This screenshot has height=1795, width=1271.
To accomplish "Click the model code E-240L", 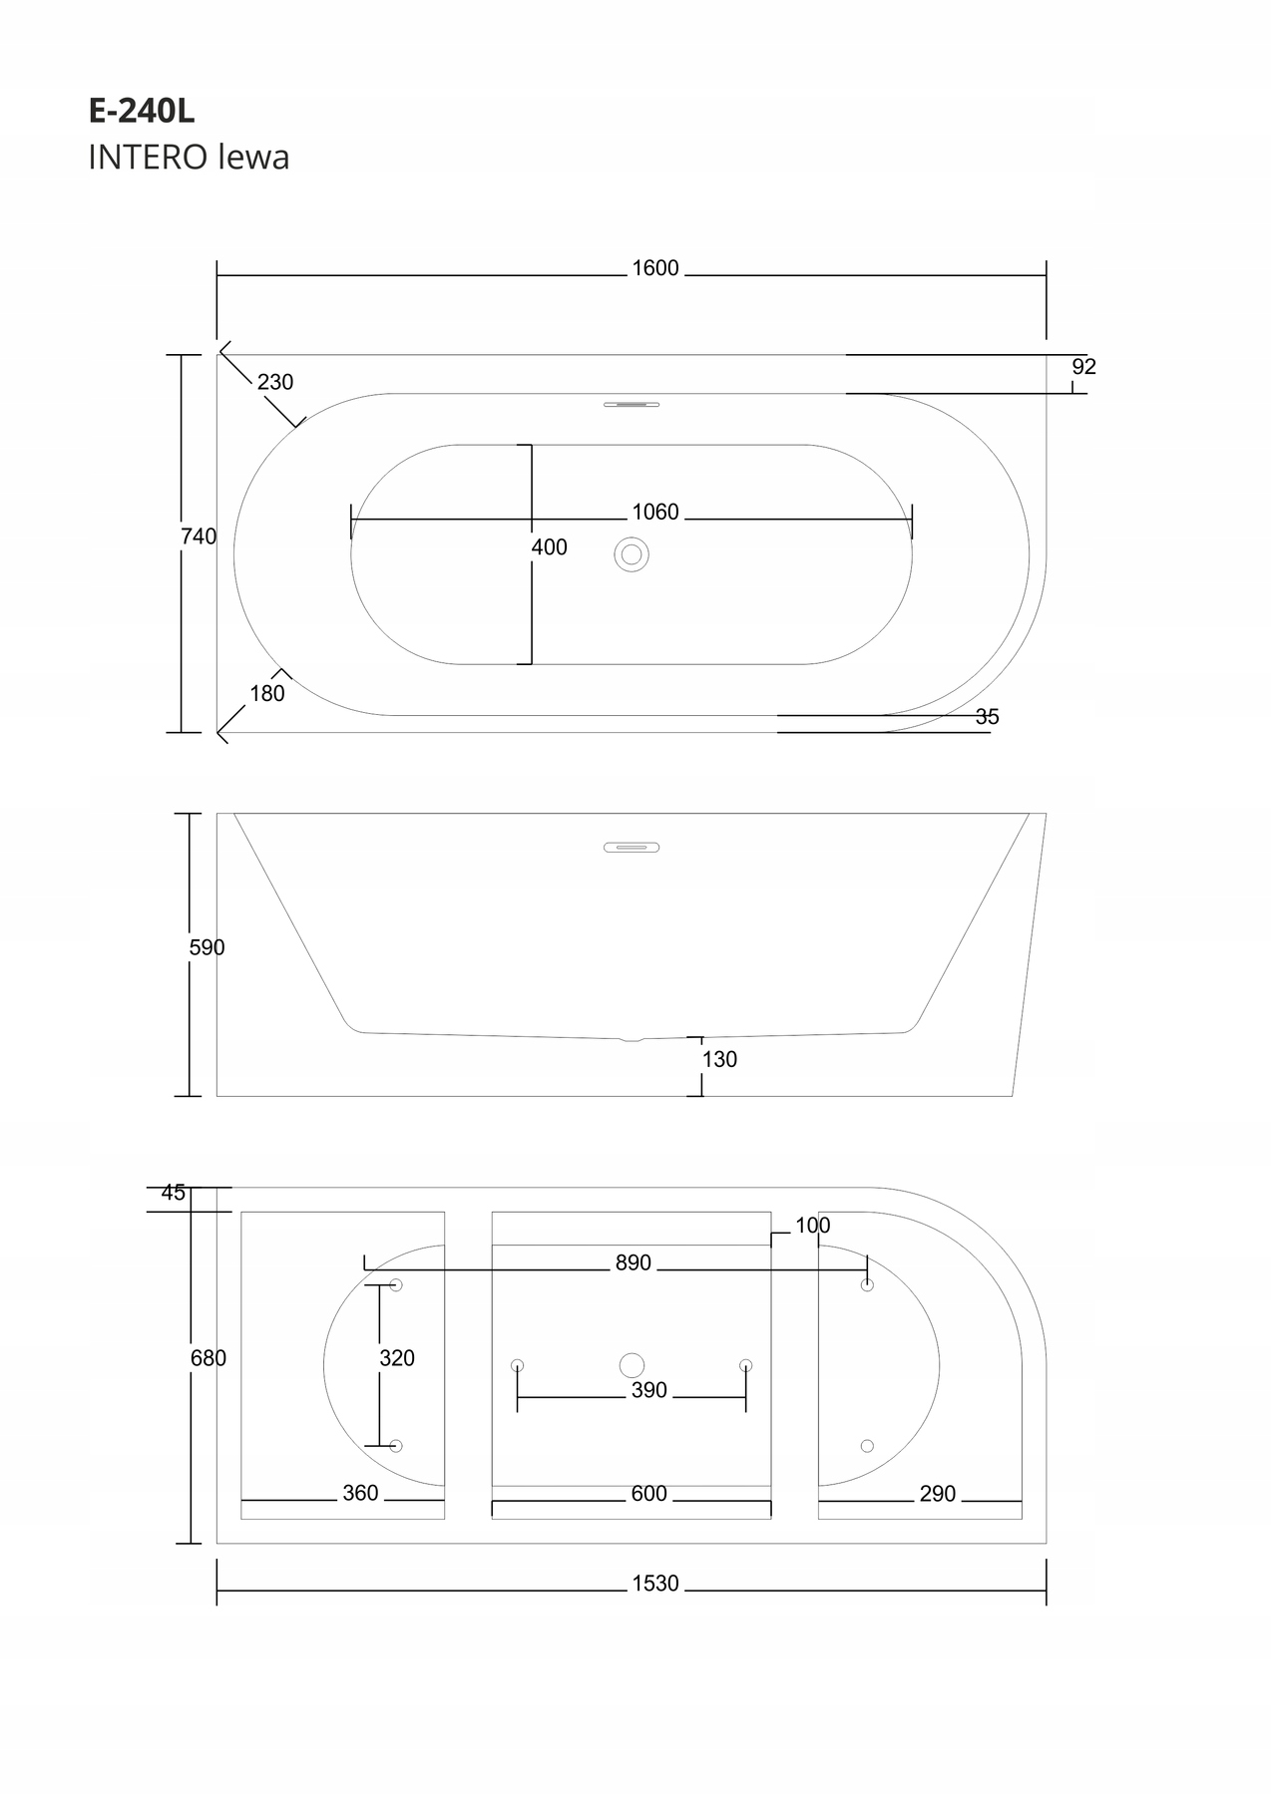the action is [x=142, y=112].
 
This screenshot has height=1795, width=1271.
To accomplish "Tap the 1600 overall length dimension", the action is [x=655, y=268].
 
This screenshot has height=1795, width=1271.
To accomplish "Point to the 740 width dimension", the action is [x=199, y=537].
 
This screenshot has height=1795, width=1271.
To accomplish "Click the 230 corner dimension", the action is [x=275, y=382].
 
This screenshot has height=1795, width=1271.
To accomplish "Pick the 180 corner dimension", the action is [x=267, y=694].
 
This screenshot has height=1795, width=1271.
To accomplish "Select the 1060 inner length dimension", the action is [x=655, y=513].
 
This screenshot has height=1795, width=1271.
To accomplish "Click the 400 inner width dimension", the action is [x=550, y=547].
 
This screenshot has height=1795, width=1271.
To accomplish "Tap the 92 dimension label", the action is [x=1084, y=367].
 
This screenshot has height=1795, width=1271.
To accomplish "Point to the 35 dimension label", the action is [x=988, y=717].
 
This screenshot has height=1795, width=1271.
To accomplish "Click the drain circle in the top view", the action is [x=632, y=554].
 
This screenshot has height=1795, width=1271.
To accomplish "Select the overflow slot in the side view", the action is [x=632, y=848].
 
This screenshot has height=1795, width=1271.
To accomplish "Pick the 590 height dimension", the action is [x=208, y=948].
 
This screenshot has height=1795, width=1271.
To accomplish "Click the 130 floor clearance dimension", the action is [x=719, y=1060].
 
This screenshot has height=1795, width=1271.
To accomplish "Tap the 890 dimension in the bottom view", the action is [x=634, y=1263].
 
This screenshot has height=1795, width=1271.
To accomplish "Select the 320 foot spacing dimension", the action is [x=397, y=1358].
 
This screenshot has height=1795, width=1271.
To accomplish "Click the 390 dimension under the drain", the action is [x=649, y=1391].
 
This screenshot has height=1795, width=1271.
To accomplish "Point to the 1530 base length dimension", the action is [x=655, y=1584].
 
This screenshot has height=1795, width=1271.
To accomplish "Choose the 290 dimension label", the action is [x=938, y=1494].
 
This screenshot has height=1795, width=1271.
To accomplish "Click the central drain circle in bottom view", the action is [x=632, y=1365].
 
